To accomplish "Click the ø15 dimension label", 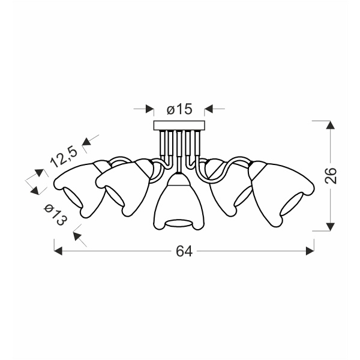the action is coord(179,109).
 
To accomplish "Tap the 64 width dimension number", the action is coord(184,251).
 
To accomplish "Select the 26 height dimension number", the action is coord(331,175).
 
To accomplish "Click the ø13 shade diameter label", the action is coord(56,215).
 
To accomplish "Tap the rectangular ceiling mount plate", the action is coord(179,125).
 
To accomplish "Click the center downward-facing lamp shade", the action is coord(179,202).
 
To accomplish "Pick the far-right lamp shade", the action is coord(281,193).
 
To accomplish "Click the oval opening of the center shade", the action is coord(179,223).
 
